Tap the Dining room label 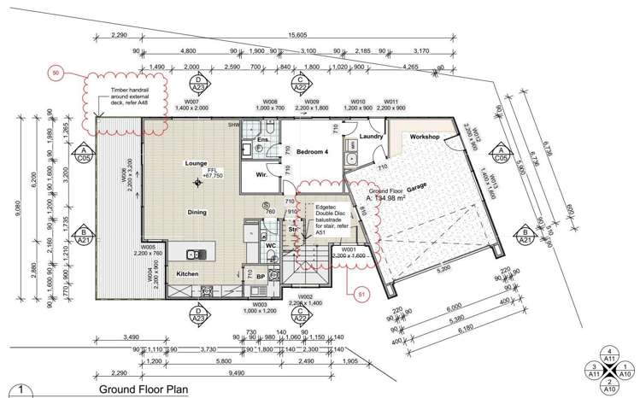pyautogui.click(x=197, y=212)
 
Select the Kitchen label pyautogui.click(x=188, y=273)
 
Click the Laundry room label pyautogui.click(x=370, y=136)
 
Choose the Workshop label pyautogui.click(x=425, y=137)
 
